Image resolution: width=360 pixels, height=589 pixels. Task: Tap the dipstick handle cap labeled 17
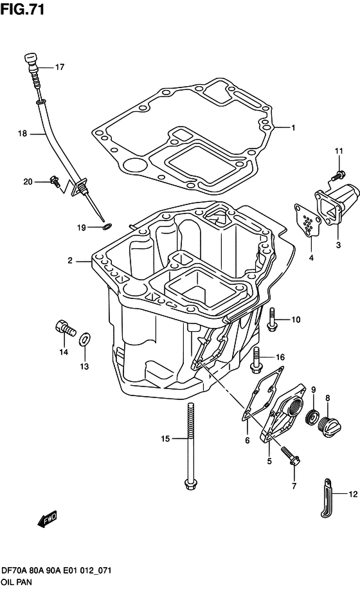(31, 61)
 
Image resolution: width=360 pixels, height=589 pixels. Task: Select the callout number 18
(22, 134)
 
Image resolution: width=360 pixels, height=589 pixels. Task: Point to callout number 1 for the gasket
(292, 127)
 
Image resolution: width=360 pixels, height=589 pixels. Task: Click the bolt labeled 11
(335, 174)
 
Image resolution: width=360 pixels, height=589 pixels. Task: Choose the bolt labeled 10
(273, 320)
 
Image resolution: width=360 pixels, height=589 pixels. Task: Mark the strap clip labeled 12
(327, 498)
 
